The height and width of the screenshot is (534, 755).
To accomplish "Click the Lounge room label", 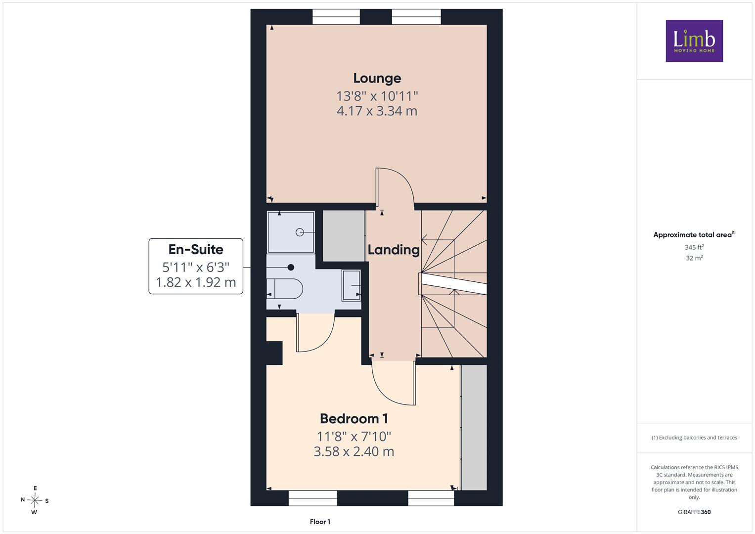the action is pos(377,78).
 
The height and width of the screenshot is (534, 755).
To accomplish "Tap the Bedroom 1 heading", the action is pos(354,419).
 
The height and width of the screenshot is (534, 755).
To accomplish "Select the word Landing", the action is pos(394,250).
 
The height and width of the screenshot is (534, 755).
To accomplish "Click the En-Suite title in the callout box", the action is pos(196,250).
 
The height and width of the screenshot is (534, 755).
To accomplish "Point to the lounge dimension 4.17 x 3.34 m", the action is pos(377,111).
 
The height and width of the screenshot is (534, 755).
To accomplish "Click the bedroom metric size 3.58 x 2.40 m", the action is pos(354,451).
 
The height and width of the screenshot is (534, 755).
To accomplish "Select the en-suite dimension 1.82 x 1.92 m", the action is pos(196,282).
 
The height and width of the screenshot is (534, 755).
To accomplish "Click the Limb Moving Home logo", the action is pos(694,41).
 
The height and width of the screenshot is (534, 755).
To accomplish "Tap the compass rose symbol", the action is pos(35,500).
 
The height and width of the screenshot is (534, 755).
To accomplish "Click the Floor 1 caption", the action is pos(320,522).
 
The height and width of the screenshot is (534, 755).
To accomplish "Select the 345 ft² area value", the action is pos(694,247).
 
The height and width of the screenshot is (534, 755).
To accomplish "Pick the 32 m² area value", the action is pos(694,258).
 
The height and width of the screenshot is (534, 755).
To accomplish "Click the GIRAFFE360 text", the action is pos(694,512).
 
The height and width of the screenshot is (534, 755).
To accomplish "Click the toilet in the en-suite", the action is pos(285,289).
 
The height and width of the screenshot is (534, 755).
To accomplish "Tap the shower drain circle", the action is pos(300,232).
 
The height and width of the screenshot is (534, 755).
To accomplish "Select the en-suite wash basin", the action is pos(351,285).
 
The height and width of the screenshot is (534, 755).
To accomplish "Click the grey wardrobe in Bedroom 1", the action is pos(474,428).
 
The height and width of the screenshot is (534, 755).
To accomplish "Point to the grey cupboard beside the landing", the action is pos(344,236).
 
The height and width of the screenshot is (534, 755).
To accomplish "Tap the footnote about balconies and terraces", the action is pos(694,438).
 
